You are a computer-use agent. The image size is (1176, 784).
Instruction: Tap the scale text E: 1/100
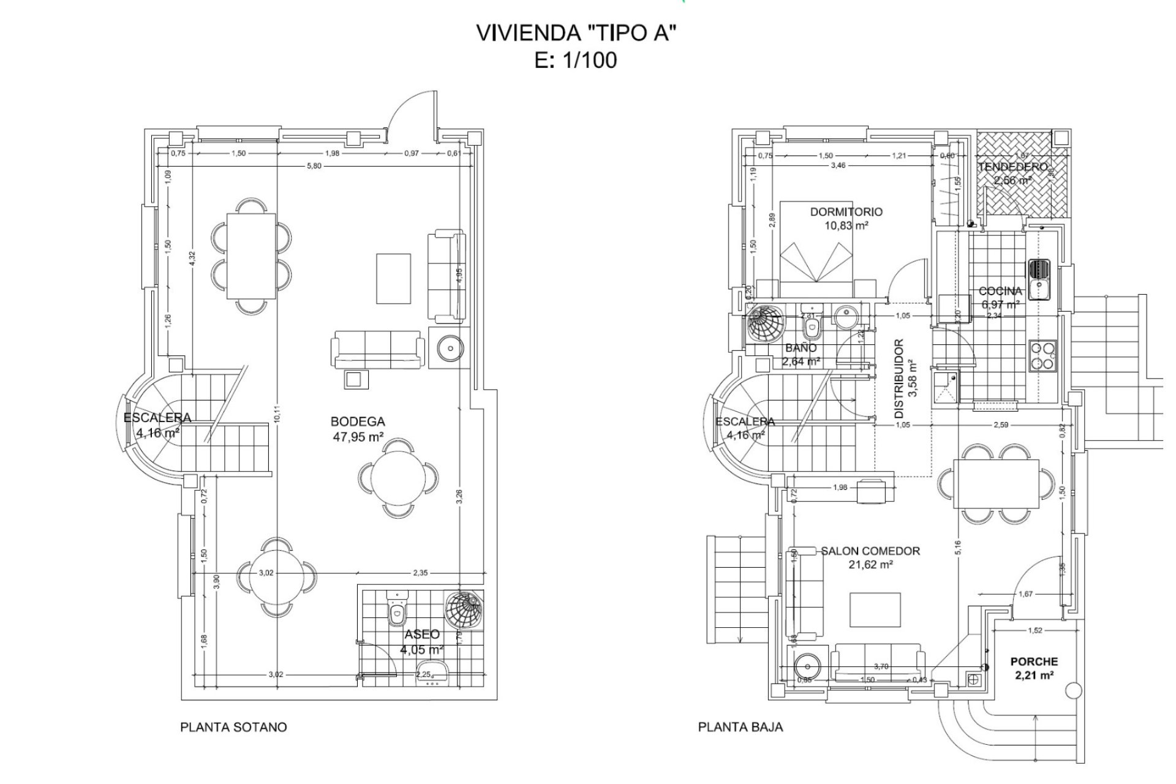click(x=575, y=61)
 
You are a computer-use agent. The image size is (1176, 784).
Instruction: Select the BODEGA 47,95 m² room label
click(x=358, y=429)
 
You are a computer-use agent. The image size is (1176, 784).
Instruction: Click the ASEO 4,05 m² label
click(x=422, y=642)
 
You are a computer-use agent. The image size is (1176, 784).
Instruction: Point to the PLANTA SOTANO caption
click(x=233, y=727)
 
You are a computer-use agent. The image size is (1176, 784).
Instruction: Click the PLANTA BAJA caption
click(x=741, y=727)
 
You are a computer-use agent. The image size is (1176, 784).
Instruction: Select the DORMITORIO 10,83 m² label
click(x=846, y=218)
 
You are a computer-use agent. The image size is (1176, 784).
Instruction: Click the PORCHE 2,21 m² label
click(x=1034, y=668)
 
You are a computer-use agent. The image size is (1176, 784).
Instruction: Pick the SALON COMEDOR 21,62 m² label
click(x=870, y=557)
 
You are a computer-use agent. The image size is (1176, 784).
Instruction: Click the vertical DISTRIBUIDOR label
click(x=905, y=377)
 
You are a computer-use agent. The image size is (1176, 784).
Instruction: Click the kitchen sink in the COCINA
click(x=1039, y=279)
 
